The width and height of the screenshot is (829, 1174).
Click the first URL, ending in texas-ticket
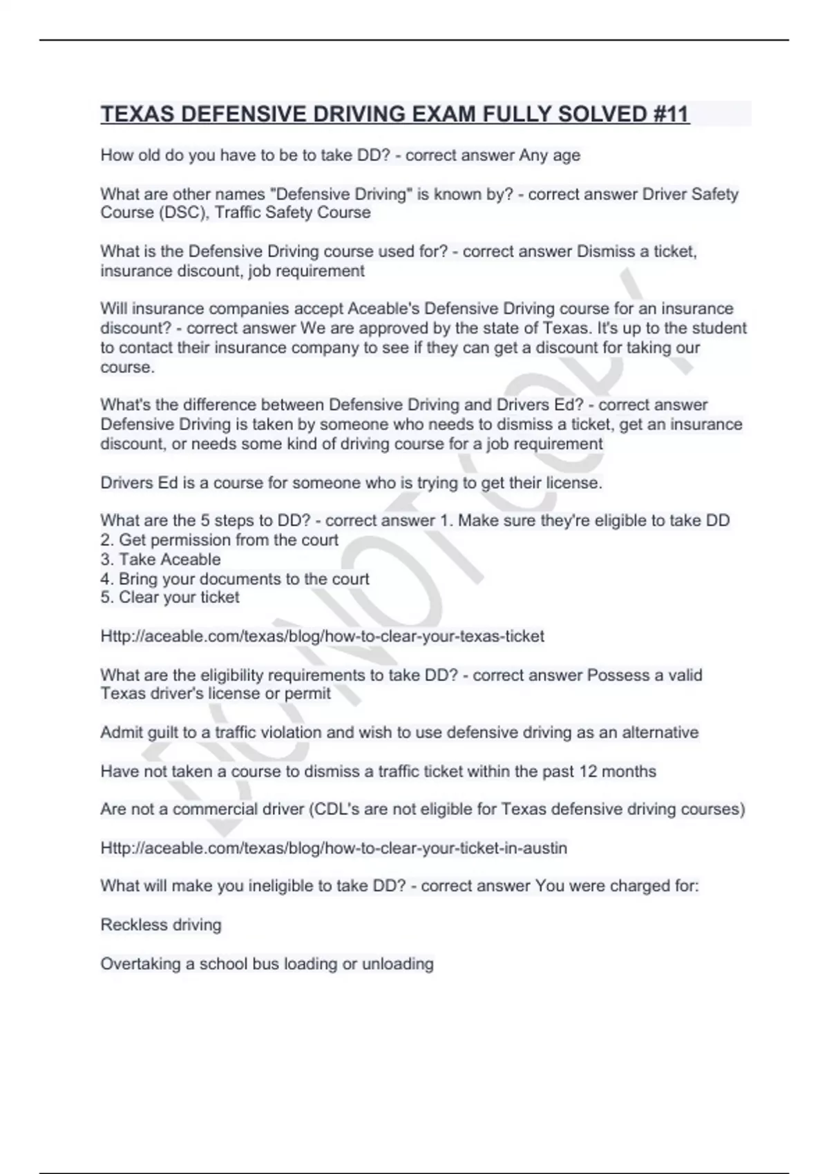tap(322, 636)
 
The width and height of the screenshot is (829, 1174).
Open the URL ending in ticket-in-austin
tap(334, 848)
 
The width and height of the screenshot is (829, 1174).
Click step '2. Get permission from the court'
tap(219, 540)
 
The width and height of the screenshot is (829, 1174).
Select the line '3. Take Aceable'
tap(160, 559)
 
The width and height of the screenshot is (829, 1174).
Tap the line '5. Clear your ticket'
tap(170, 597)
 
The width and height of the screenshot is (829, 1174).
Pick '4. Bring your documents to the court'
tap(235, 579)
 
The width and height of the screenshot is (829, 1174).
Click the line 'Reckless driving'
tap(161, 925)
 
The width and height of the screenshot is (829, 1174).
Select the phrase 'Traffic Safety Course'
tap(292, 213)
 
